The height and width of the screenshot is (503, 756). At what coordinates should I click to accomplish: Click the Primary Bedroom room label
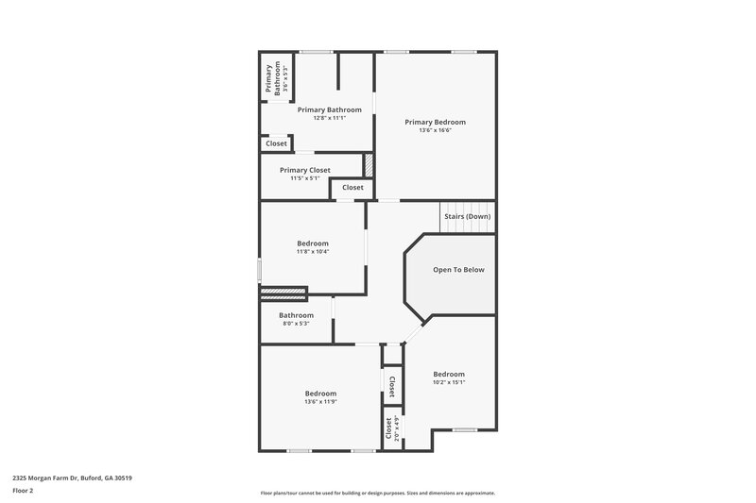(x=435, y=122)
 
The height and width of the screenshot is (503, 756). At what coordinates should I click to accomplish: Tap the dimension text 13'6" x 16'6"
(x=435, y=130)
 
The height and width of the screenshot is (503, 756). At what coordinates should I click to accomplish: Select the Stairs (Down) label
(x=467, y=216)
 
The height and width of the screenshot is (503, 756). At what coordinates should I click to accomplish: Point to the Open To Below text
(x=458, y=270)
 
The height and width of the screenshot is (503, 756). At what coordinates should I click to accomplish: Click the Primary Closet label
(x=305, y=170)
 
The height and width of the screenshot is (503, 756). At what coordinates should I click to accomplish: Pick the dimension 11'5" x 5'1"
(x=305, y=178)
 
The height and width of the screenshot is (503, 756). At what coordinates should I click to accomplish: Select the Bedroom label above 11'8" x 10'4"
(x=313, y=243)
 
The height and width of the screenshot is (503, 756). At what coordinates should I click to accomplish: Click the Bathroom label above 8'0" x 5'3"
(x=296, y=315)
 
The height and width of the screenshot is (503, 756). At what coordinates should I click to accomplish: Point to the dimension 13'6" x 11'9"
(x=320, y=402)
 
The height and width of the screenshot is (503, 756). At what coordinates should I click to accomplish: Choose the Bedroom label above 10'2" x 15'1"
(x=449, y=374)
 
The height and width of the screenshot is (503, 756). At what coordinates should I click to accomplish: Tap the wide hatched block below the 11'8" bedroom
(x=284, y=293)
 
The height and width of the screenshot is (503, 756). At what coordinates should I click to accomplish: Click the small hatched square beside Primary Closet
(x=369, y=163)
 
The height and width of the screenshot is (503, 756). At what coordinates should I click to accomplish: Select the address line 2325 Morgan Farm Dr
(x=72, y=478)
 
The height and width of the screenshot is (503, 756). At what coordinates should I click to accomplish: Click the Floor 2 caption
(x=23, y=492)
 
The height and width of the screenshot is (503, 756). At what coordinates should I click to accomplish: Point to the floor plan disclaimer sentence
(x=378, y=493)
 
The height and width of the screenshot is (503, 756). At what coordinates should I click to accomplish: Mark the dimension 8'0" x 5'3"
(x=296, y=324)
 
